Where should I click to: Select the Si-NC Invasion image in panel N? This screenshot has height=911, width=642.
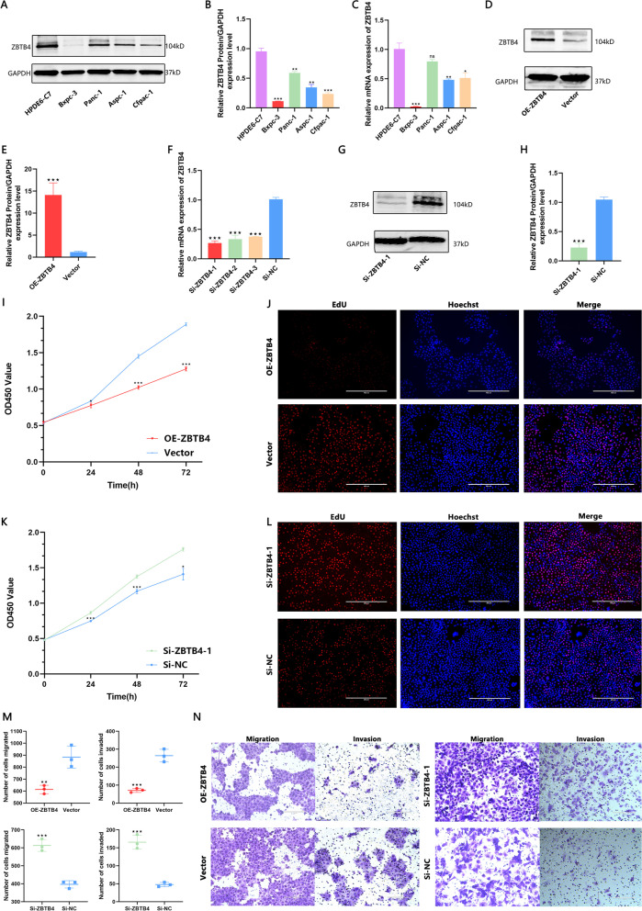point(573,851)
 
